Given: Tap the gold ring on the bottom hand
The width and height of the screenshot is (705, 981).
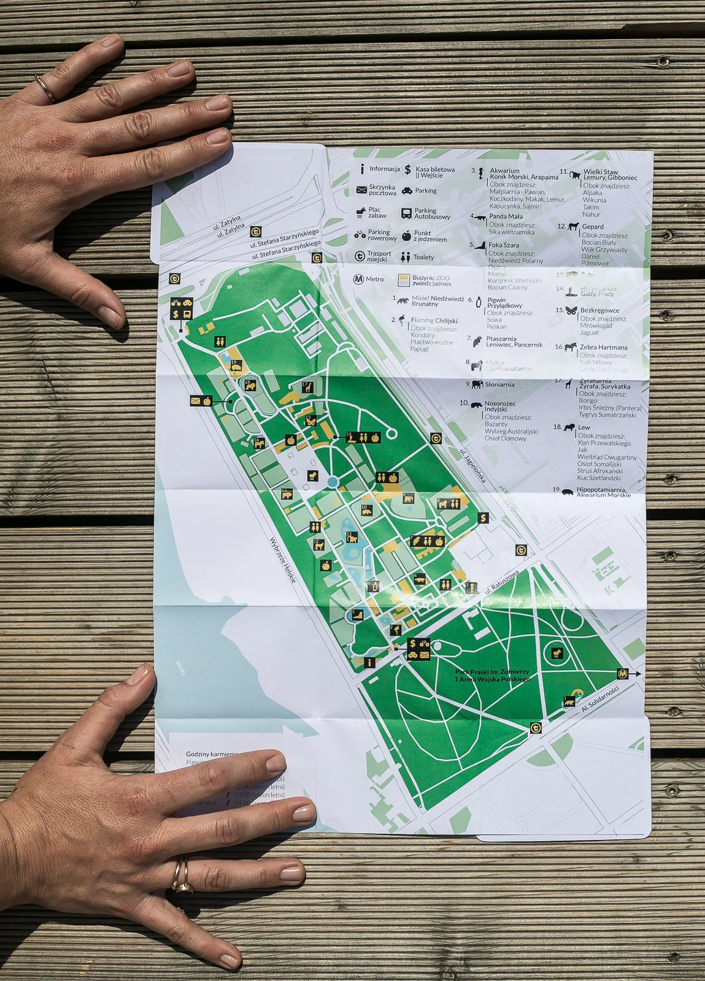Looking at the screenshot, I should coord(181,876).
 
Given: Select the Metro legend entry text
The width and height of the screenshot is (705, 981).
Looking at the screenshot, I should coord(374,279).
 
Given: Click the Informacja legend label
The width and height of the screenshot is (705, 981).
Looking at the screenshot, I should coord(385,169).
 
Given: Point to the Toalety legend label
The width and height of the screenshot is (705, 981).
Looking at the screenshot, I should coord(423,258).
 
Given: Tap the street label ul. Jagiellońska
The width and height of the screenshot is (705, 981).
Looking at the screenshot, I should coord(473,465).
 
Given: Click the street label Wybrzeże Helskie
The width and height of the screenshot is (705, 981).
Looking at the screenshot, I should coord(283,560).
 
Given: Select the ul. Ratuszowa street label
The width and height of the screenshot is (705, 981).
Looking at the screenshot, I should coord(502,582).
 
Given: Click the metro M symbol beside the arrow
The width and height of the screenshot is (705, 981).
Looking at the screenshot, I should coord(623,673).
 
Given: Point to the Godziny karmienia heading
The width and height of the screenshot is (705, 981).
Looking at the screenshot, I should coord(211,754).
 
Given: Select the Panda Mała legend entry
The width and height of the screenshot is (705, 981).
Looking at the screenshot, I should coord(506,216).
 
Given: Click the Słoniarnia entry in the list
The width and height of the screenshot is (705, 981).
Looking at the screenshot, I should coord(499,384).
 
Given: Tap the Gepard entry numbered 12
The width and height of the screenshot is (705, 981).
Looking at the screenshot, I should coord(592,226).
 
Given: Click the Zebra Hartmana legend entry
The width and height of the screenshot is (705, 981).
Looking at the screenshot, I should coord(603,347).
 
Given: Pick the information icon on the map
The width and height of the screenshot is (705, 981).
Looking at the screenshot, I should coord(369,662).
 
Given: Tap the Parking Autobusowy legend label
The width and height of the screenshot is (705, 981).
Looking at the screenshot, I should coord(432,213).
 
